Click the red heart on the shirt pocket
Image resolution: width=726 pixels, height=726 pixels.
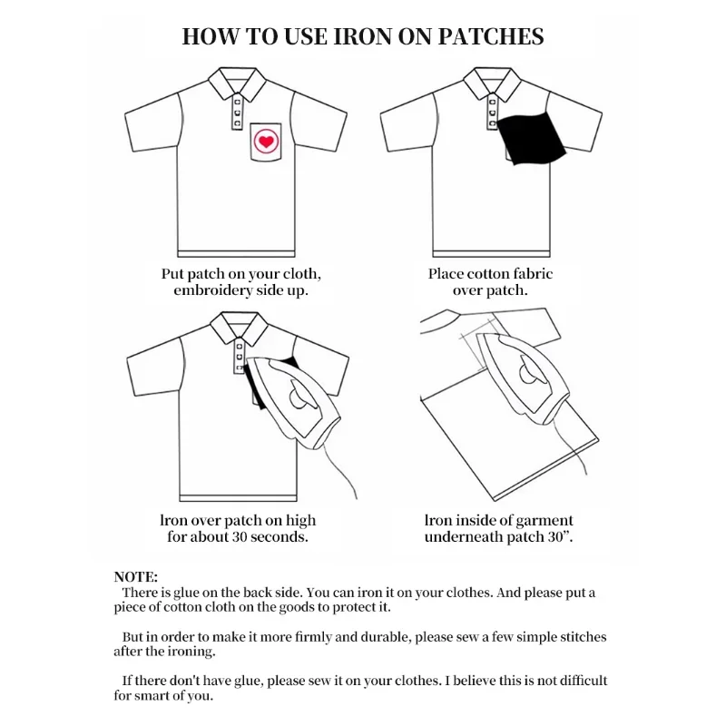click(265, 142)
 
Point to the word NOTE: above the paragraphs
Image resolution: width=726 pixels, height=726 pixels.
click(136, 576)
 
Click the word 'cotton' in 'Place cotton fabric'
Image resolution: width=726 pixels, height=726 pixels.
click(490, 273)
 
